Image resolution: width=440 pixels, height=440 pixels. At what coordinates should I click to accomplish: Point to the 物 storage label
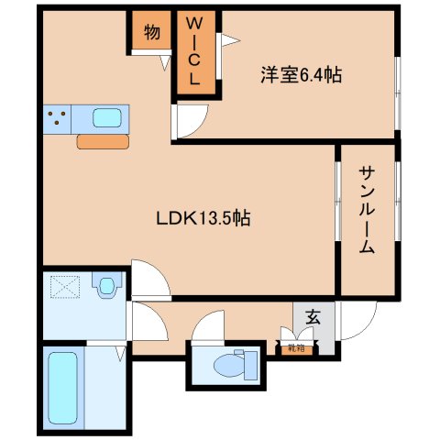151,32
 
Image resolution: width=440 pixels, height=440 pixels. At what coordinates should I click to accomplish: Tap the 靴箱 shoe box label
295,347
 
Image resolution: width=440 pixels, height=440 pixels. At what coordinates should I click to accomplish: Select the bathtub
63,387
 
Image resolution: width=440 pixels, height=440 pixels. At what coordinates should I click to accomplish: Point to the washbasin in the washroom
108,287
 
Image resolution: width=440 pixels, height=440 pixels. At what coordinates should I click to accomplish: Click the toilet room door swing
208,326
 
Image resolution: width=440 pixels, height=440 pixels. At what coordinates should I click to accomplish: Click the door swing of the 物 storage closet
164,60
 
